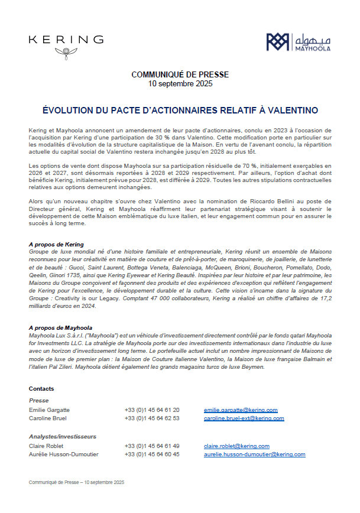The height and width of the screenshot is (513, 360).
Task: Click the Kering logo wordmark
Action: pos(66,40)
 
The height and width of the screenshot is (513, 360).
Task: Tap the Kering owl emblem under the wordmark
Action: pos(66,53)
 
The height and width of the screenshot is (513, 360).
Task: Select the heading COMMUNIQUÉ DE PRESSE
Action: pos(180,74)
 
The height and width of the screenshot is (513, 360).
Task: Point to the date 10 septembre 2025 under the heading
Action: pos(180,83)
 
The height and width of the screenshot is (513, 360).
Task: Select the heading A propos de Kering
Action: pos(56,244)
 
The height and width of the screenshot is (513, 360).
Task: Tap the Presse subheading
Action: pos(39,400)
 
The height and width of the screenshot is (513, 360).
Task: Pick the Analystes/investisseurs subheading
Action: pos(63,436)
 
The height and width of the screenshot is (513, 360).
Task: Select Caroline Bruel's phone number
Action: pos(152,418)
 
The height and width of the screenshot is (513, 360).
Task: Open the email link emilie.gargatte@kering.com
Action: pos(241,410)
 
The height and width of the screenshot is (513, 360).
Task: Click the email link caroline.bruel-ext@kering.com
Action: pos(244,418)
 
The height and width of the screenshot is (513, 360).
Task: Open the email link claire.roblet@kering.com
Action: pos(236,446)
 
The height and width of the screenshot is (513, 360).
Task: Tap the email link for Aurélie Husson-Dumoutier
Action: pos(254,454)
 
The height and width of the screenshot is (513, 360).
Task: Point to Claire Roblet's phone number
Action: pos(152,446)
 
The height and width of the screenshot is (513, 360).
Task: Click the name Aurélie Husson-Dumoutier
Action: pos(64,454)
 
